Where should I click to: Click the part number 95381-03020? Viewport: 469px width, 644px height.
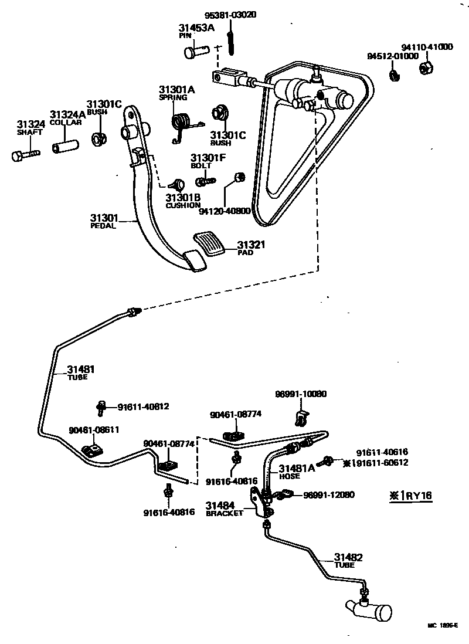pos(214,15)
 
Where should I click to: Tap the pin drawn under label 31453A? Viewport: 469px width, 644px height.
pos(194,52)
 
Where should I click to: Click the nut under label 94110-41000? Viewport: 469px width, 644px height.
pos(426,67)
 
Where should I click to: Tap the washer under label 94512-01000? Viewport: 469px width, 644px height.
pos(394,74)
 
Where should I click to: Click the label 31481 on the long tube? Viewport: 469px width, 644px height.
pos(80,370)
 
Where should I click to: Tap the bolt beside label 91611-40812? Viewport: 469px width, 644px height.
pos(101,406)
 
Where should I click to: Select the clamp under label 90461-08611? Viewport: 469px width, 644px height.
pos(91,450)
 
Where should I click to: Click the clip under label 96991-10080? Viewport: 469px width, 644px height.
pos(300,417)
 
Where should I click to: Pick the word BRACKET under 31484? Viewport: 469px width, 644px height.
pos(224,514)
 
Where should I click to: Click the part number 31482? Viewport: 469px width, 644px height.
pos(348,557)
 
